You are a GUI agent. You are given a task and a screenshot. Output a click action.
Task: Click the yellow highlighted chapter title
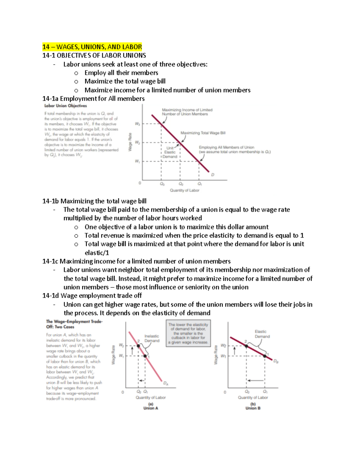pyautogui.click(x=92, y=47)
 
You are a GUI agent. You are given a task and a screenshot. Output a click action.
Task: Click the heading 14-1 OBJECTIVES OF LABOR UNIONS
pyautogui.click(x=94, y=56)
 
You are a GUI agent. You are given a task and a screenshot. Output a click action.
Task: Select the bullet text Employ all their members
pyautogui.click(x=121, y=73)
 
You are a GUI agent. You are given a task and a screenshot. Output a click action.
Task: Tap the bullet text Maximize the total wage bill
pyautogui.click(x=125, y=81)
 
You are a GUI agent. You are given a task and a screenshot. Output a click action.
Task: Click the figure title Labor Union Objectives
pyautogui.click(x=65, y=106)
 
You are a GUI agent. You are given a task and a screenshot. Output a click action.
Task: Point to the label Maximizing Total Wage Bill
pyautogui.click(x=203, y=133)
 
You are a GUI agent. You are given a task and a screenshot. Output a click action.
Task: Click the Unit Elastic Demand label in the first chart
pyautogui.click(x=170, y=152)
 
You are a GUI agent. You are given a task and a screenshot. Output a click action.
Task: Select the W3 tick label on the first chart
pyautogui.click(x=137, y=124)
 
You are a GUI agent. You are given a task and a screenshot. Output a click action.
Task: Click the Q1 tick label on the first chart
pyautogui.click(x=199, y=184)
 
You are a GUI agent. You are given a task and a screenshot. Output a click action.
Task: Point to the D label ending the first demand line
pyautogui.click(x=213, y=175)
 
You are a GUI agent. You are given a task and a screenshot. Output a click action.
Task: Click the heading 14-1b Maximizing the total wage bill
pyautogui.click(x=94, y=201)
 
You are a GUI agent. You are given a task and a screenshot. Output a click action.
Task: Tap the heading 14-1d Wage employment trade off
pyautogui.click(x=92, y=296)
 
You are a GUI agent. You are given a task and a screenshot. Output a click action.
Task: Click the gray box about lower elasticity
pyautogui.click(x=188, y=333)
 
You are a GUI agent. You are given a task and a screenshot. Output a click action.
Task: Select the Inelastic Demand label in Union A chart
pyautogui.click(x=152, y=338)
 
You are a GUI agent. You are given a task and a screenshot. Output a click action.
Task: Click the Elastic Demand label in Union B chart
pyautogui.click(x=262, y=334)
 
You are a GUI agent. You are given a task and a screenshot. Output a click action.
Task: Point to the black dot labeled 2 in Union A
pyautogui.click(x=138, y=346)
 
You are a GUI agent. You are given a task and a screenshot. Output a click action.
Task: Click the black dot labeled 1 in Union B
pyautogui.click(x=265, y=356)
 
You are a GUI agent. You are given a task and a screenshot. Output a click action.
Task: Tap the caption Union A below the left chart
pyautogui.click(x=151, y=408)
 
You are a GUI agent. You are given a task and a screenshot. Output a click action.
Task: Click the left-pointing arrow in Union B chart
pyautogui.click(x=254, y=380)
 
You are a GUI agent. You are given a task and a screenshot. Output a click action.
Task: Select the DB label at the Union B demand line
pyautogui.click(x=276, y=362)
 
